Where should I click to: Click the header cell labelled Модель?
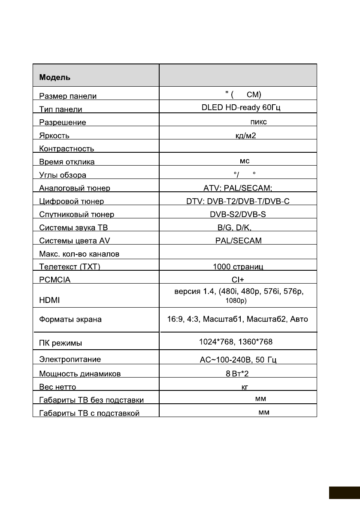[x=55, y=78]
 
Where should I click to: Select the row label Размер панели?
[x=67, y=96]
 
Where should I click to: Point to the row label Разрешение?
[x=62, y=122]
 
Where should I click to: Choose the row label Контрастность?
[x=67, y=149]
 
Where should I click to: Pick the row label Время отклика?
[x=67, y=162]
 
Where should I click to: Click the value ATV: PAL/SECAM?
[x=238, y=188]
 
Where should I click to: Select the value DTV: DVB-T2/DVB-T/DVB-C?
[x=238, y=201]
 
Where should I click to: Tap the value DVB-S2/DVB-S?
[x=238, y=214]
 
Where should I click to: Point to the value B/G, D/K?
[x=238, y=227]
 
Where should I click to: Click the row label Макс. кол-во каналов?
[x=79, y=254]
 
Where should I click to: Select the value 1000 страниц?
[x=238, y=267]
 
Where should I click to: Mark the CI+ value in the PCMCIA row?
[x=238, y=280]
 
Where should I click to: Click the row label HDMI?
[x=49, y=301]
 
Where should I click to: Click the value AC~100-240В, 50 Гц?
[x=238, y=360]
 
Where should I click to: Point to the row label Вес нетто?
[x=57, y=387]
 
